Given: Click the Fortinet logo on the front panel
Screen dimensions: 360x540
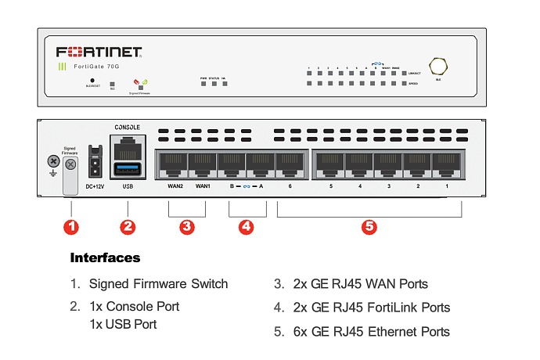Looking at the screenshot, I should click(99, 52).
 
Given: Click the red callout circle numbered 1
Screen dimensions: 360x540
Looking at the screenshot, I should click(71, 227).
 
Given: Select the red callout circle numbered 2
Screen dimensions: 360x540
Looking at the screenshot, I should click(128, 227).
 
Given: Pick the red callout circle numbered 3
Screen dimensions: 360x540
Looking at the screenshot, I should click(186, 227).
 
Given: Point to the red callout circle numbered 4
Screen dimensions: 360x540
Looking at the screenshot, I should click(247, 227).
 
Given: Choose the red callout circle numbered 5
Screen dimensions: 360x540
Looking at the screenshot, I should click(369, 227).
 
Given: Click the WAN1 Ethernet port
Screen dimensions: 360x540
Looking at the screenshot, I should click(202, 164).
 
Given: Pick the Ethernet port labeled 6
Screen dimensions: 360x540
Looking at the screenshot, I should click(290, 164).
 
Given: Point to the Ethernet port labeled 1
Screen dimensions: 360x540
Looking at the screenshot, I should click(447, 164).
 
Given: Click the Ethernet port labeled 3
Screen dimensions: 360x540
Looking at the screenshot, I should click(387, 164).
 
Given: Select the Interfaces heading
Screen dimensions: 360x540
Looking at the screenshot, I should click(105, 257).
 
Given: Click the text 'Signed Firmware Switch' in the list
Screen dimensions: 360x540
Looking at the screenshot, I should click(158, 283).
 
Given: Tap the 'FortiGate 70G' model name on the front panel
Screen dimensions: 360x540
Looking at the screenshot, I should click(97, 67).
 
